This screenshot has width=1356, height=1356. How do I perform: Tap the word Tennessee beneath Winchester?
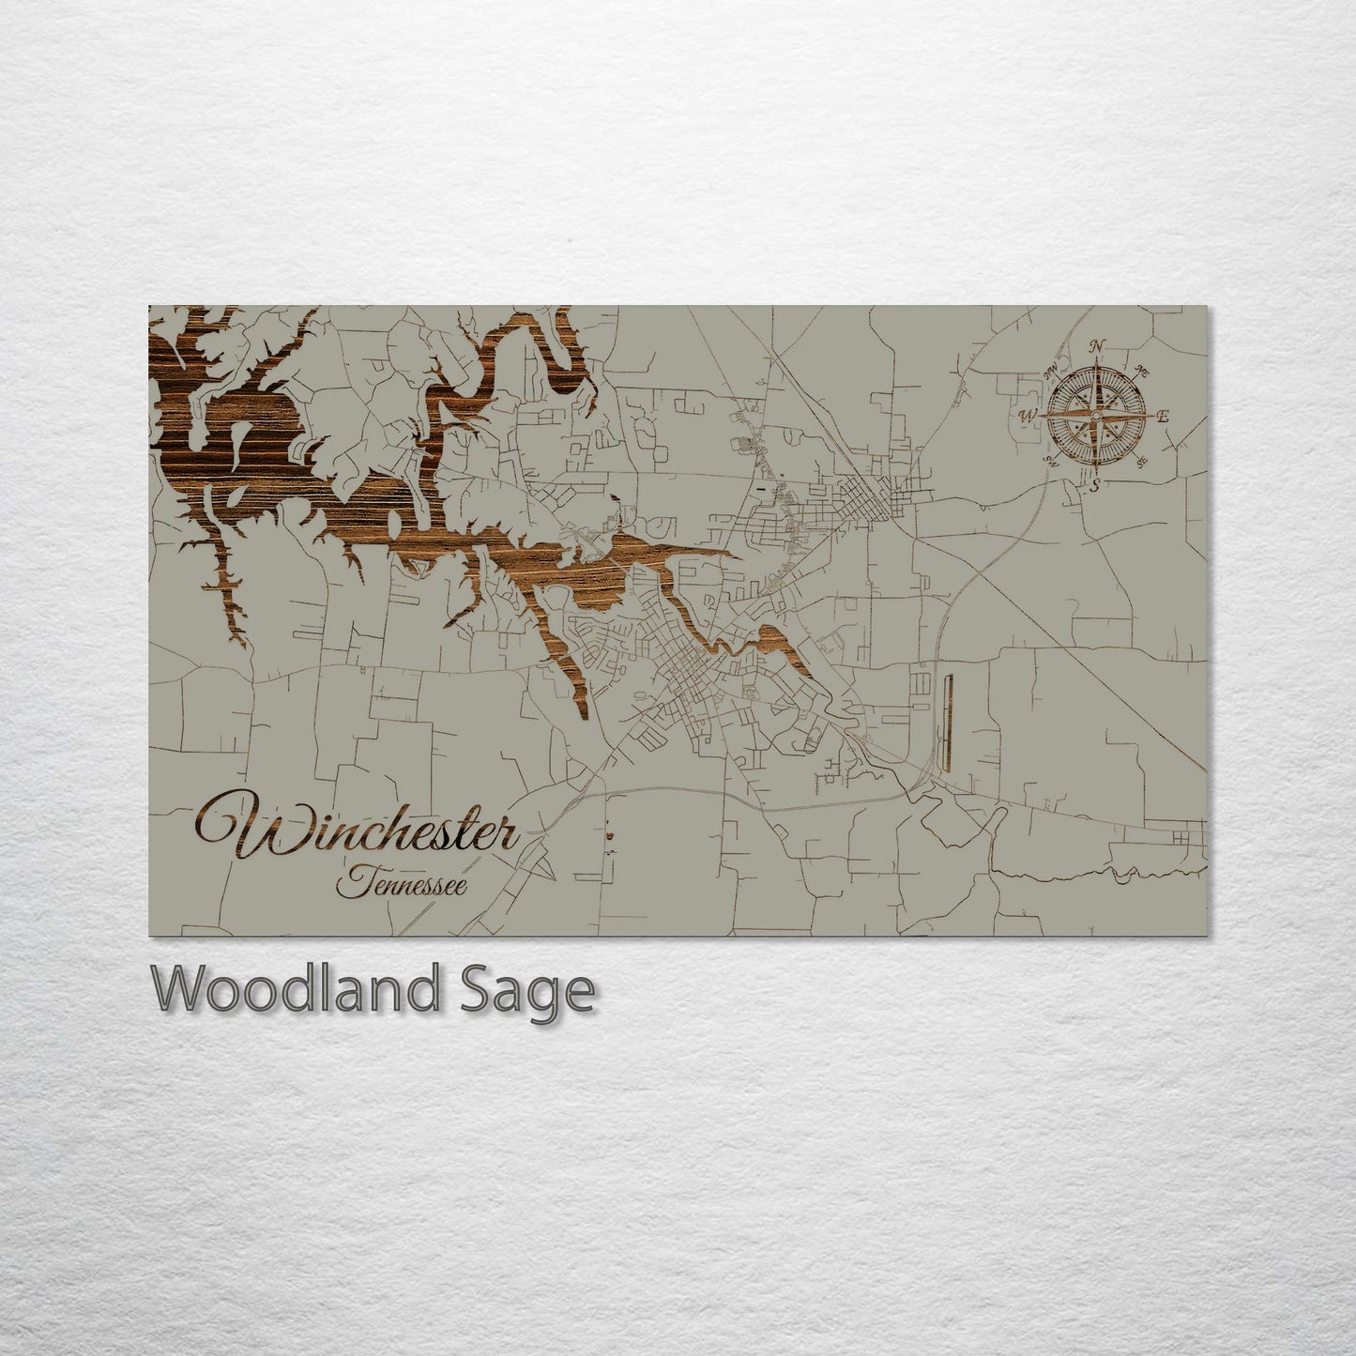tap(404, 883)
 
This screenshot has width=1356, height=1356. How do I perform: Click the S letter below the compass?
tap(1094, 485)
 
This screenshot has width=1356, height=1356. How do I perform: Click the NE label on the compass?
tap(1142, 369)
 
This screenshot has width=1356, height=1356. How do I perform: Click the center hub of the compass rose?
tap(1096, 414)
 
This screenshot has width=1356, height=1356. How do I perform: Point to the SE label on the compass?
tap(1142, 461)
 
